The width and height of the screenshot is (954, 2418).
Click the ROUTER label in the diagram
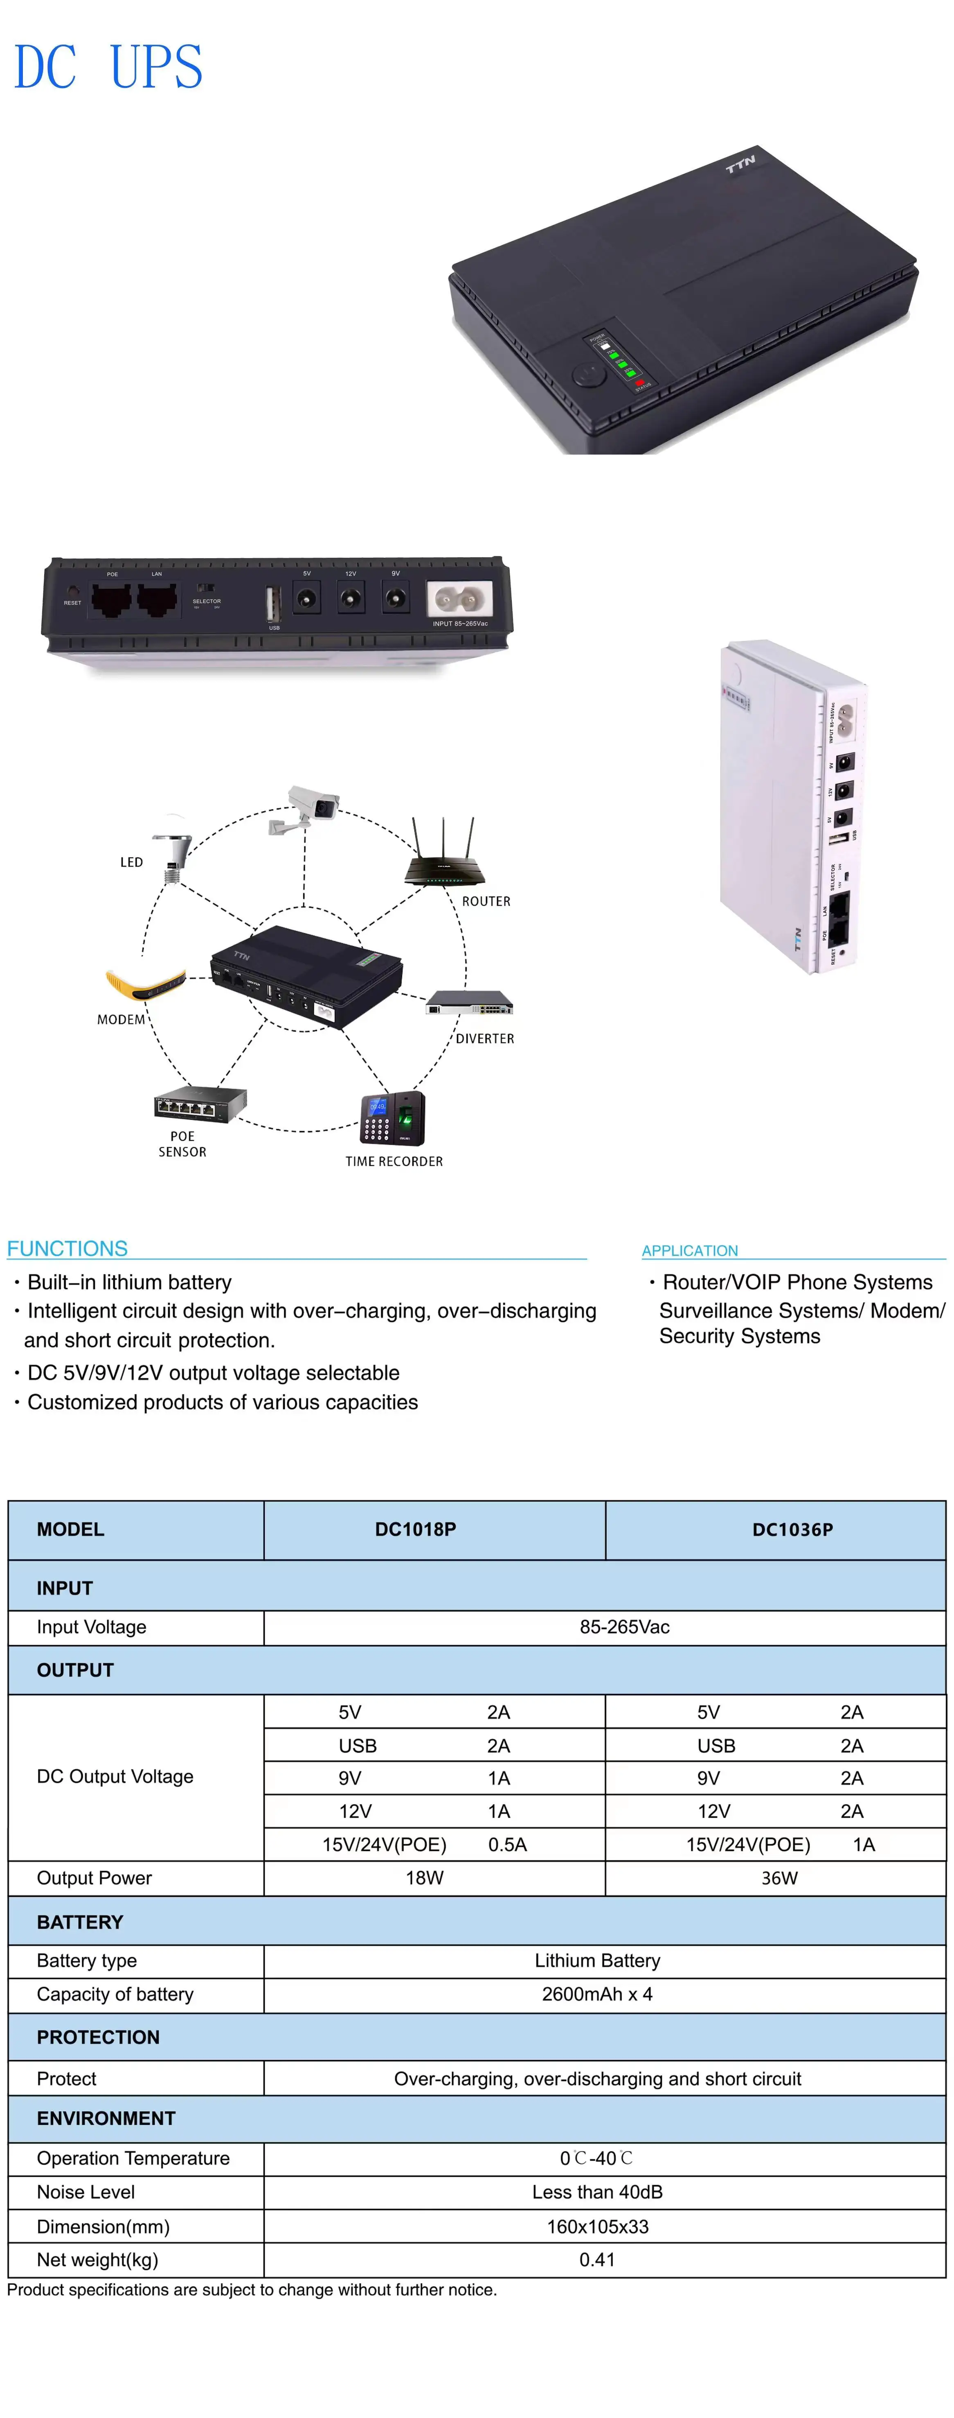(486, 901)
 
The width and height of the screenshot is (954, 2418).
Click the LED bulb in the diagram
(173, 854)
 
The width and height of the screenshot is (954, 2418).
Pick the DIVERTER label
(485, 1038)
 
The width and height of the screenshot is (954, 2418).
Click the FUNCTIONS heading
(67, 1249)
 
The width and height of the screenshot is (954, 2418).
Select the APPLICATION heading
(689, 1250)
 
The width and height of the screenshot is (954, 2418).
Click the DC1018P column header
(416, 1529)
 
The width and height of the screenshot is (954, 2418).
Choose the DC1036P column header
(793, 1529)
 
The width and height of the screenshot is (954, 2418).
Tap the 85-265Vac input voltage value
(624, 1627)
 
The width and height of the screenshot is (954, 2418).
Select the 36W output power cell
(778, 1877)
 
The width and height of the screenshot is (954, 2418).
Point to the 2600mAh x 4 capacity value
(596, 1994)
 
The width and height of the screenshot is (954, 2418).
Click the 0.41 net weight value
(596, 2260)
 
